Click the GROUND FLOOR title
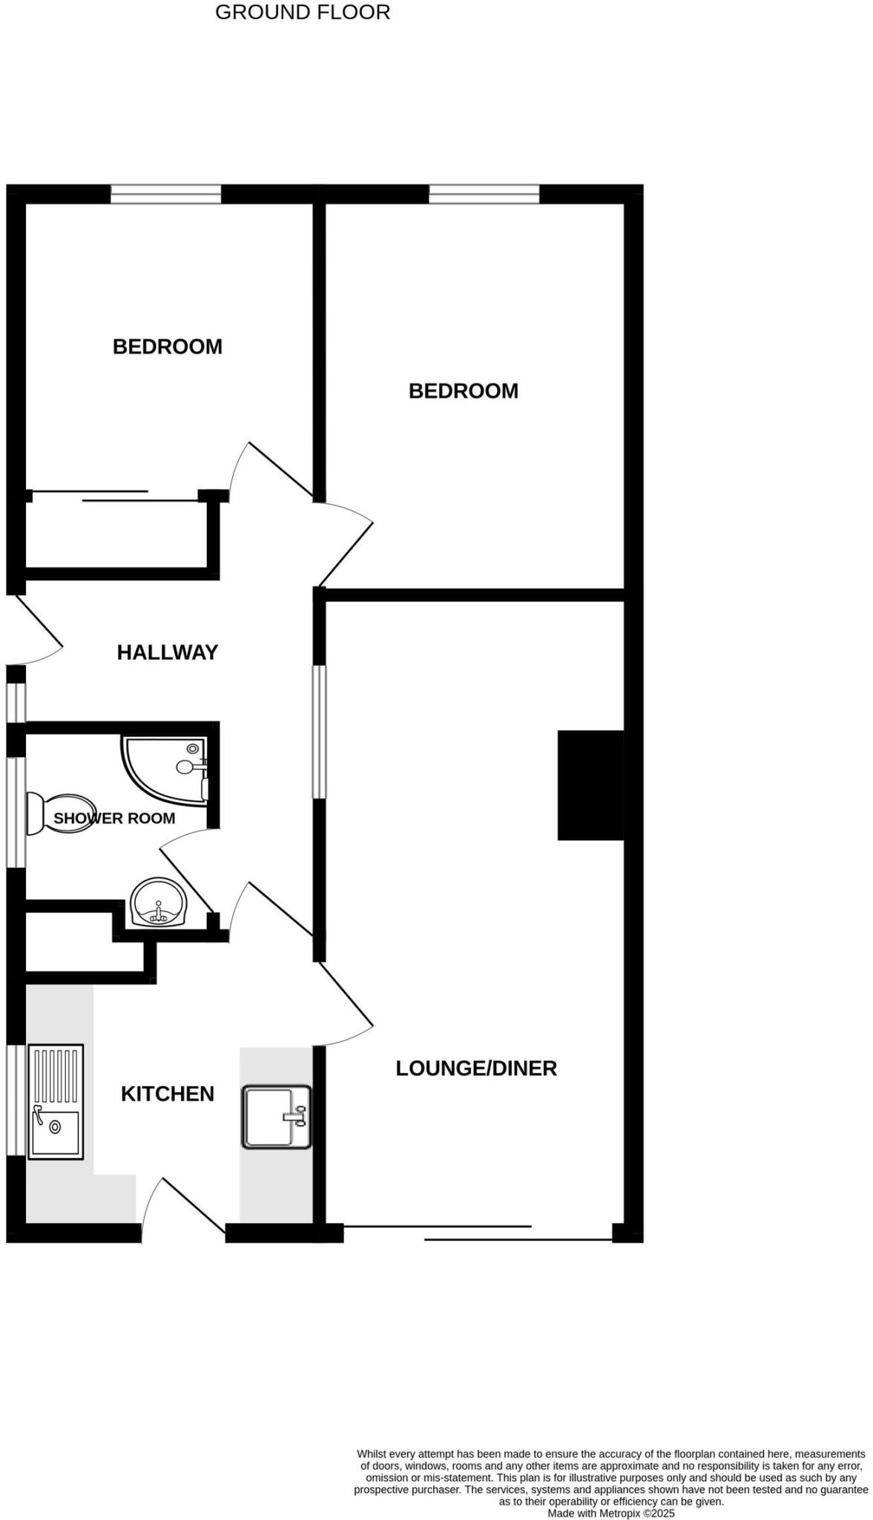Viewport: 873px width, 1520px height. coord(302,13)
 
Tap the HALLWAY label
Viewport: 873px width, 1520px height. coord(168,652)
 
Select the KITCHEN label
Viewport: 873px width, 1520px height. coord(168,1093)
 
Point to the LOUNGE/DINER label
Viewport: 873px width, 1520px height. coord(476,1068)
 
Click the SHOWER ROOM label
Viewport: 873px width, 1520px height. coord(114,818)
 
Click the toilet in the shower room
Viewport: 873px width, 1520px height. coord(59,813)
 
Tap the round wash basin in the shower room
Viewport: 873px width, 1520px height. coord(159,902)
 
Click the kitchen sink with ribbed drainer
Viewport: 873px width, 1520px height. coord(56,1101)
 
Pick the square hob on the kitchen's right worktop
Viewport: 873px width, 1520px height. coord(276,1117)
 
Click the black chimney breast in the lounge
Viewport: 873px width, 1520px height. coord(590,785)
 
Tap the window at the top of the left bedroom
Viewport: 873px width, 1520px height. coord(166,194)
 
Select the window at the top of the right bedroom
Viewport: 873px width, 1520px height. coord(484,194)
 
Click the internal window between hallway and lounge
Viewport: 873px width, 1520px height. coord(319,732)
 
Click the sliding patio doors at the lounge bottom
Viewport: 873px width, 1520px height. coord(478,1233)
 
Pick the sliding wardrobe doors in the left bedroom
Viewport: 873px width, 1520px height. coord(115,496)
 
